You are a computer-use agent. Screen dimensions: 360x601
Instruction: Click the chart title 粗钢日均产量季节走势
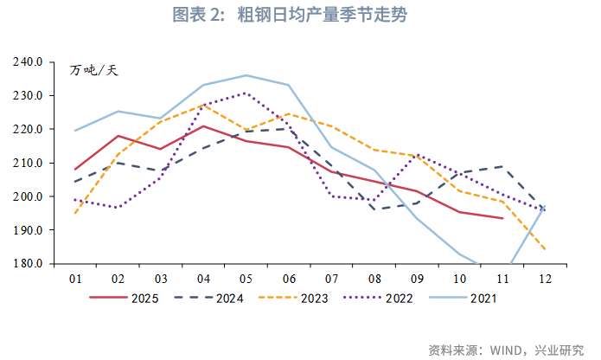[x=302, y=16]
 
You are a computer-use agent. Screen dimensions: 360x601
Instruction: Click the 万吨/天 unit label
[x=93, y=69]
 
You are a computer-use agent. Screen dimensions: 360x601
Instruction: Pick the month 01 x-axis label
[x=75, y=279]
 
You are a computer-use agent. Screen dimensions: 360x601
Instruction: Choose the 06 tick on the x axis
[x=288, y=279]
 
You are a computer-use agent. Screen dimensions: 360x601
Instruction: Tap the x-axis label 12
[x=544, y=279]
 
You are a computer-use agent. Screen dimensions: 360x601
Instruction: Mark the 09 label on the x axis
[x=416, y=279]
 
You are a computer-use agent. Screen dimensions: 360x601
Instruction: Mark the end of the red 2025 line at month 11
[x=502, y=218]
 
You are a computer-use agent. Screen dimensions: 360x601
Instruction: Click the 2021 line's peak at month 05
[x=246, y=75]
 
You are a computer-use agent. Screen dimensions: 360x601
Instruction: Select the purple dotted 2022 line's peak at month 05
[x=246, y=93]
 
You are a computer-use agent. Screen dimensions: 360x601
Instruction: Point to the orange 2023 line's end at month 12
[x=544, y=249]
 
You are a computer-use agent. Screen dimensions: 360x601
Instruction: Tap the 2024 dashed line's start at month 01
[x=75, y=182]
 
